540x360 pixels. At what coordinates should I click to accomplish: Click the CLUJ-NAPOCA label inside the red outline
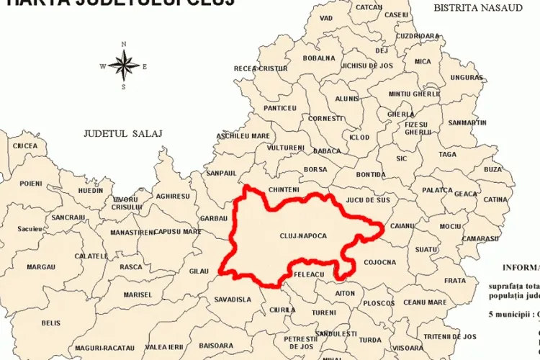303,235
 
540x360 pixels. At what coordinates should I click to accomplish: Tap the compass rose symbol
124,67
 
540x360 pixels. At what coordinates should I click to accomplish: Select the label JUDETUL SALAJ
123,133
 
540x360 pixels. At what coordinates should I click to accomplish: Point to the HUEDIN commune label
91,191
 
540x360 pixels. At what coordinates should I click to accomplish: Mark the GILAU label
198,271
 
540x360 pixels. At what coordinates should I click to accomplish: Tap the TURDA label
371,339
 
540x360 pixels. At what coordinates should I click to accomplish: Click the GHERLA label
401,114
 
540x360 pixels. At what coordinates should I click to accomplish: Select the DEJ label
382,50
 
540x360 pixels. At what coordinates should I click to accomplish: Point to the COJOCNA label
380,262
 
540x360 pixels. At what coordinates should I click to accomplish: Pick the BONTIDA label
371,174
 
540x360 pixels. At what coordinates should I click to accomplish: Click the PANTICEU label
280,107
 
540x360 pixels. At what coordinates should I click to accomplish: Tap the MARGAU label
41,266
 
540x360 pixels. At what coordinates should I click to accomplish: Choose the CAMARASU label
481,238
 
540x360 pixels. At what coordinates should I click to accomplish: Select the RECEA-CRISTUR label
261,68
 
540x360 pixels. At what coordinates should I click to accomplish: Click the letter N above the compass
124,45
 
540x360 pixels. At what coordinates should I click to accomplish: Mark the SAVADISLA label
233,299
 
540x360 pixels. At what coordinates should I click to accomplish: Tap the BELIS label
51,323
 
